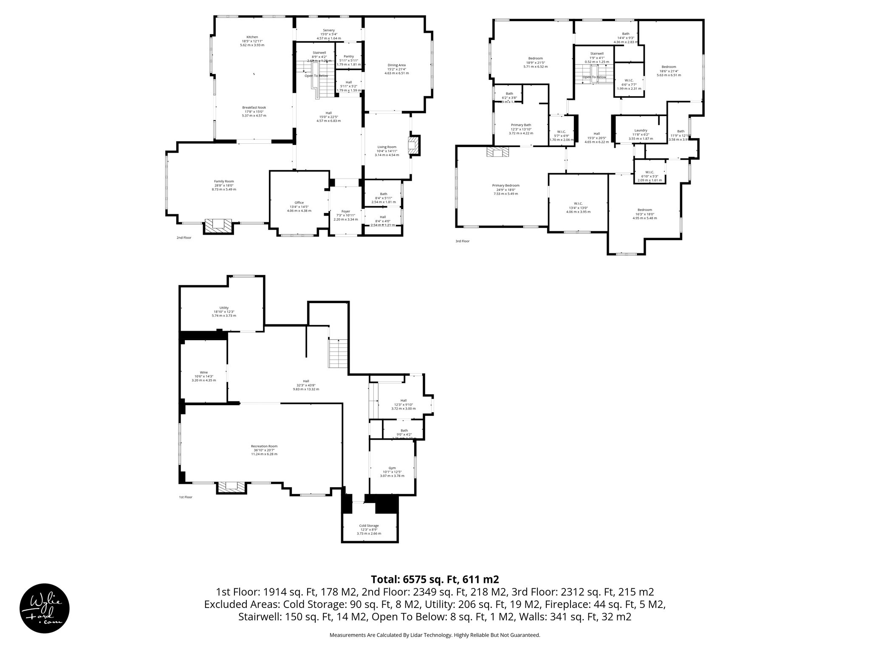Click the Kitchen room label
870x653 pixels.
click(x=252, y=37)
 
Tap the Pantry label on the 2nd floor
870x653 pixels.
click(x=348, y=57)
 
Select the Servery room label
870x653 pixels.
click(x=328, y=30)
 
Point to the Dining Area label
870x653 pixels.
click(x=396, y=65)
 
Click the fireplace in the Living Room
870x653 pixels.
click(x=413, y=145)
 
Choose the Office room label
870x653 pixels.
click(x=299, y=203)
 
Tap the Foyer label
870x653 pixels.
click(x=346, y=211)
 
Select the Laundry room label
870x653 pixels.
click(x=641, y=131)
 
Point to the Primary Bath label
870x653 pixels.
click(x=521, y=125)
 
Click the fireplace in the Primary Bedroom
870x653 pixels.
click(x=497, y=152)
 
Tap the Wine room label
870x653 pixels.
click(x=204, y=372)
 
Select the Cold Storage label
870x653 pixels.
click(x=369, y=525)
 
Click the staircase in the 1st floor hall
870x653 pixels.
click(x=339, y=353)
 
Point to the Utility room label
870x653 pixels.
click(x=224, y=308)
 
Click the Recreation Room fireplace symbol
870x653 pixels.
click(x=232, y=487)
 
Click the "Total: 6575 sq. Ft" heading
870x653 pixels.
click(x=435, y=579)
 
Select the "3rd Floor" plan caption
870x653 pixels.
click(x=462, y=241)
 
